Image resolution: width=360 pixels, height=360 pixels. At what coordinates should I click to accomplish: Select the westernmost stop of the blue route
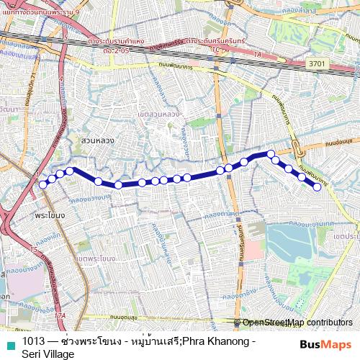[43, 184]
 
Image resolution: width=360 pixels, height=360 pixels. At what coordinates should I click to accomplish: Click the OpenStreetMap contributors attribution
[297, 323]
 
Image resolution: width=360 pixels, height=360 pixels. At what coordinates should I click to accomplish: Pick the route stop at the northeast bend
[271, 153]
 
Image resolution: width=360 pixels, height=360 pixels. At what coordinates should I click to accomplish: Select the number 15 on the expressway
[34, 249]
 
